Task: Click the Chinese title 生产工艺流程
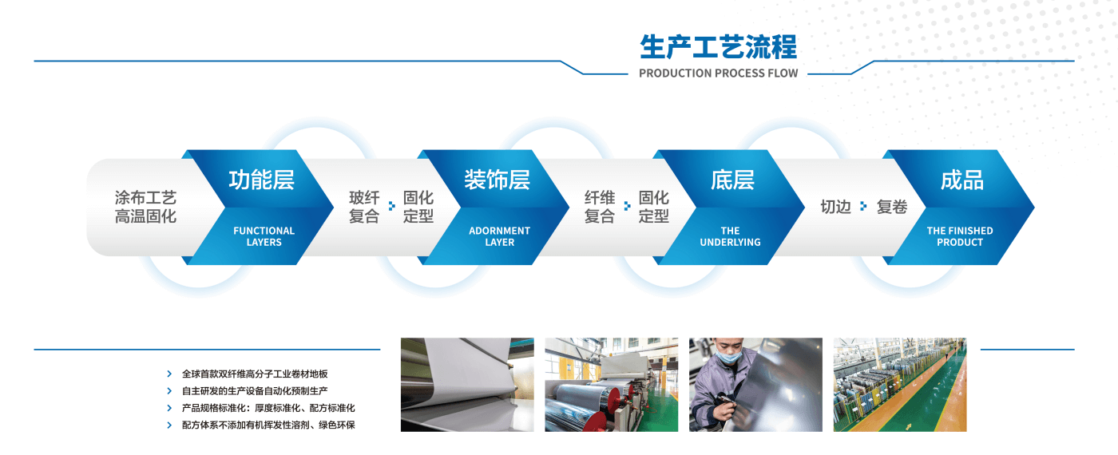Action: (x=718, y=47)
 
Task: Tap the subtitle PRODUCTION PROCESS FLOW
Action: (x=718, y=73)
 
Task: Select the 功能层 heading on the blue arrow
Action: (x=262, y=180)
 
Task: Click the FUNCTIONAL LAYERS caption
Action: (x=264, y=236)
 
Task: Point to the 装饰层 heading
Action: (x=498, y=180)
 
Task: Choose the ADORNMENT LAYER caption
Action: (x=499, y=236)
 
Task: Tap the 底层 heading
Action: (x=732, y=180)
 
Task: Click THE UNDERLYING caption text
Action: (x=730, y=236)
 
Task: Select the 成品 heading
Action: (x=961, y=180)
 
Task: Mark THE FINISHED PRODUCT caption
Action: (x=960, y=236)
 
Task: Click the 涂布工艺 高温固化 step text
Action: (x=145, y=207)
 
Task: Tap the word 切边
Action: (x=835, y=207)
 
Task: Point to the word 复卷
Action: (x=892, y=207)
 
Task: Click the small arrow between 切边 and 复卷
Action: (x=863, y=207)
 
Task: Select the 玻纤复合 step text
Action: (x=364, y=207)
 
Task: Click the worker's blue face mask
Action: (x=725, y=358)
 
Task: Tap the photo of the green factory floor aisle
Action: (x=899, y=385)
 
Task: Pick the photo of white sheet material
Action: (x=467, y=385)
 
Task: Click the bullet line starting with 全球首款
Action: (x=255, y=374)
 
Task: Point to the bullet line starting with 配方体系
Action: (x=268, y=425)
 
